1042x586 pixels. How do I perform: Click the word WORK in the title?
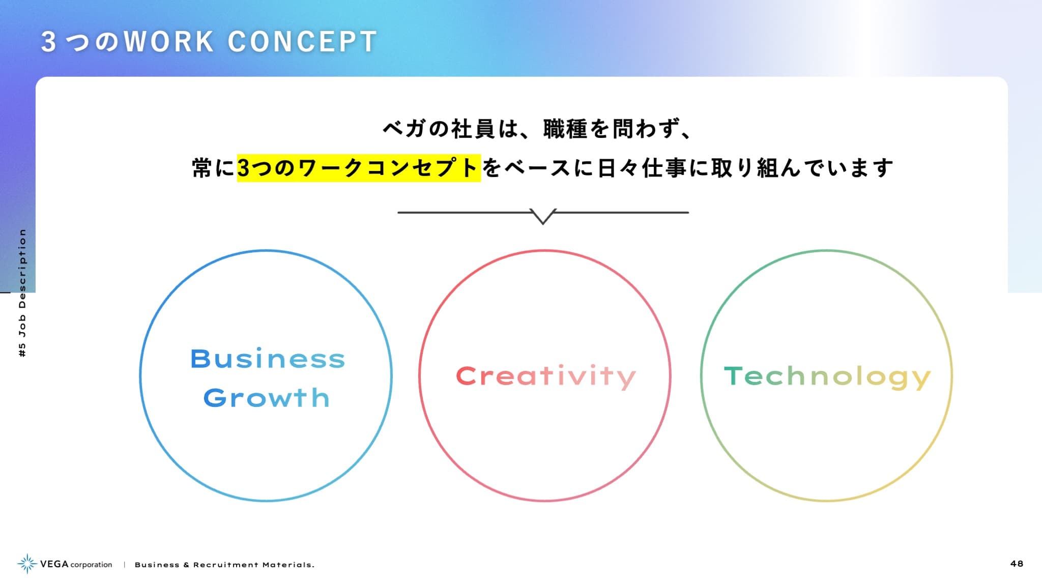(x=168, y=42)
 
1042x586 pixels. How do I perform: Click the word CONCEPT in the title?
(x=302, y=42)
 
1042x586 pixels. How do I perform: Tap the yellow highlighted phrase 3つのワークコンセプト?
(x=359, y=168)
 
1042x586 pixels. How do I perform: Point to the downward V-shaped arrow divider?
(x=543, y=216)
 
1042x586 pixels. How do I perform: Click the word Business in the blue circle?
(x=268, y=359)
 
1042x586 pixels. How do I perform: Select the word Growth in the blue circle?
(x=267, y=398)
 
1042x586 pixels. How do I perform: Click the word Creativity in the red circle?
(x=546, y=377)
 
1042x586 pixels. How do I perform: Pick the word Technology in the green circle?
(x=827, y=377)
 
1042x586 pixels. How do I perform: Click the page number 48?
(x=1017, y=564)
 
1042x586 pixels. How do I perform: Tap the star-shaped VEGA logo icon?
(x=27, y=564)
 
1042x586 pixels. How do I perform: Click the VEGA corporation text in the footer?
(x=76, y=564)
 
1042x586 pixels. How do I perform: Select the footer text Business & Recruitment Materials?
(x=224, y=565)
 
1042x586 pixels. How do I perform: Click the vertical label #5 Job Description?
(x=22, y=293)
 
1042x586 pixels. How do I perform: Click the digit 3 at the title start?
(x=48, y=42)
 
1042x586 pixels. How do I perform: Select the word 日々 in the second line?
(x=618, y=168)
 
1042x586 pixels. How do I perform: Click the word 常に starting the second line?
(x=213, y=168)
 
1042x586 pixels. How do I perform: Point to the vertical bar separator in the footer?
(x=124, y=565)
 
